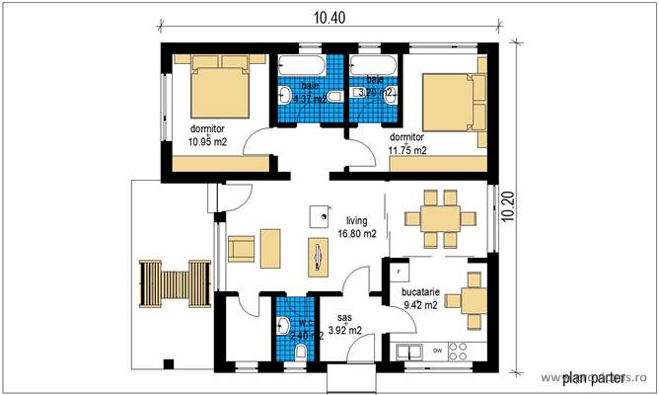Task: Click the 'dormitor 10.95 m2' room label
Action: click(208, 134)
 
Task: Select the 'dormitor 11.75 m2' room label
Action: click(407, 143)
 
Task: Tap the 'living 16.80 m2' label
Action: click(356, 227)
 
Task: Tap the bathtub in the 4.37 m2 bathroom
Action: click(309, 64)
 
